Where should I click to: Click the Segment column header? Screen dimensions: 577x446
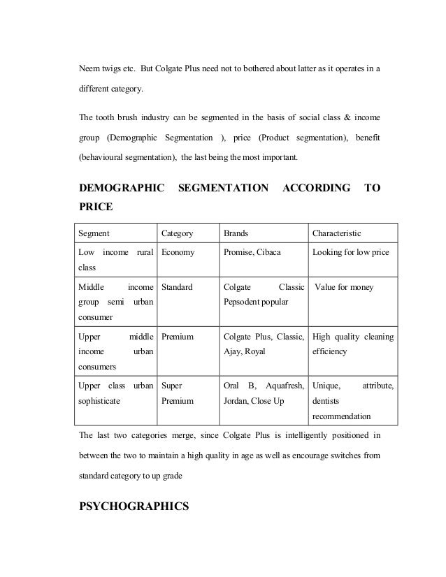pyautogui.click(x=93, y=233)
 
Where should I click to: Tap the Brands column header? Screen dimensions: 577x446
pyautogui.click(x=236, y=233)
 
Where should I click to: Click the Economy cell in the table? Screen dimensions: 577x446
pyautogui.click(x=178, y=252)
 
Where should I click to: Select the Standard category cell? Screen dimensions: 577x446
pyautogui.click(x=177, y=287)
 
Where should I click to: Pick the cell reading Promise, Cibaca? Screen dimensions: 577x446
pyautogui.click(x=251, y=252)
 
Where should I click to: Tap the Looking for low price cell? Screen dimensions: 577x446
pyautogui.click(x=351, y=252)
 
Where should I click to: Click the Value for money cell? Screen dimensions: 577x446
pyautogui.click(x=344, y=287)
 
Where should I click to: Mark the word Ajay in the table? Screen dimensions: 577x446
pyautogui.click(x=231, y=351)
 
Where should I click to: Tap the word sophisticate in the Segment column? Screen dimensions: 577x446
pyautogui.click(x=99, y=402)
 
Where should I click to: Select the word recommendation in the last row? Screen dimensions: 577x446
pyautogui.click(x=341, y=416)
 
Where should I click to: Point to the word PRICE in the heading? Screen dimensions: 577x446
pyautogui.click(x=96, y=207)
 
